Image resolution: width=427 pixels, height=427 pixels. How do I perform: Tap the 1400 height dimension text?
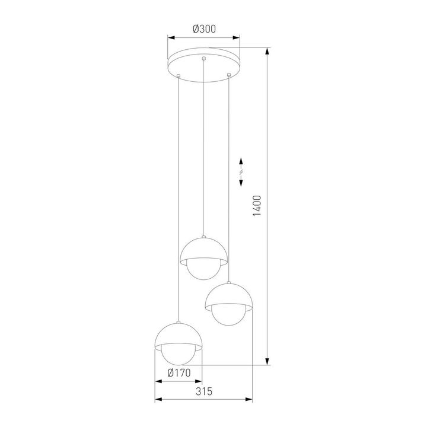[256, 206]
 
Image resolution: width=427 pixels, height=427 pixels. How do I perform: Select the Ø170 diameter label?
[178, 373]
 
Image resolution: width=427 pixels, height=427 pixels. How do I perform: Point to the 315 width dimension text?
[203, 392]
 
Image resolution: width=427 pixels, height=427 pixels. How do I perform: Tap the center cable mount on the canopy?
[204, 59]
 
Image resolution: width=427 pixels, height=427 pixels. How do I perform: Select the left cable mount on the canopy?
[179, 75]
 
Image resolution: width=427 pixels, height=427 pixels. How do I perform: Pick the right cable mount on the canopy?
[229, 74]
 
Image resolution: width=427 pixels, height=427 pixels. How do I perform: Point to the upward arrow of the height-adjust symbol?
[241, 162]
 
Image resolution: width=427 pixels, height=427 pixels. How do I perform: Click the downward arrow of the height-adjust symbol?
[241, 183]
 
